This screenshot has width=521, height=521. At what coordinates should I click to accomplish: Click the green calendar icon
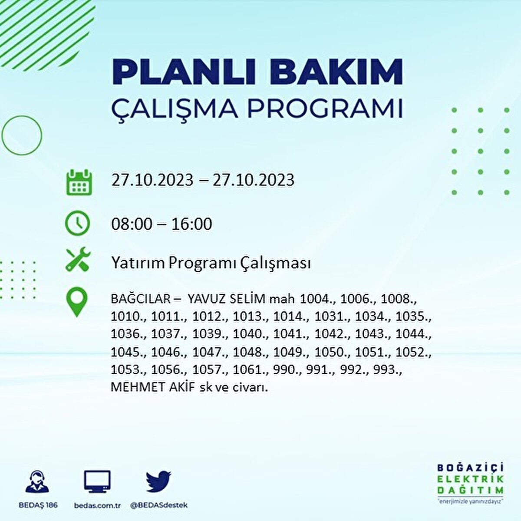(x=79, y=182)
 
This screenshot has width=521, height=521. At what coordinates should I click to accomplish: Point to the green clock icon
(x=77, y=224)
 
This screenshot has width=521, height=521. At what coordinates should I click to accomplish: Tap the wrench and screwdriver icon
(x=78, y=259)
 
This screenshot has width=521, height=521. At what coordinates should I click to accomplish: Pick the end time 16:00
(x=191, y=224)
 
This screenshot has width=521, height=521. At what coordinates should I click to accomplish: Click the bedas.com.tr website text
(x=97, y=505)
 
